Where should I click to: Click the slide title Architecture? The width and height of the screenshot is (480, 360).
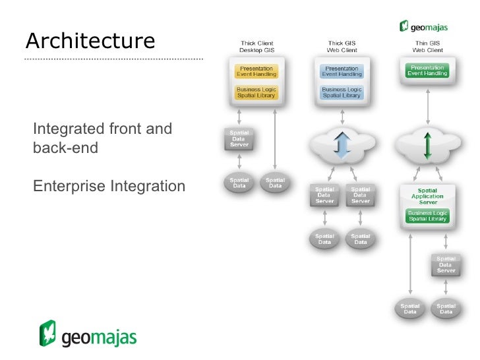click(x=90, y=41)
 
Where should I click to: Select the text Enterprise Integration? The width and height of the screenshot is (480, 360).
click(x=109, y=187)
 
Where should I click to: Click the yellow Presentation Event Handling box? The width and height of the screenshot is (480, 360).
click(x=256, y=71)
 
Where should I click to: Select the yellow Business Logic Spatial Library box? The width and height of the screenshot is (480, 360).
click(x=256, y=92)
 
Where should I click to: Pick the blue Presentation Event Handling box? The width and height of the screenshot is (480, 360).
click(x=342, y=71)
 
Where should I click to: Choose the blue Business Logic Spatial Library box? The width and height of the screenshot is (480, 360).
click(x=342, y=92)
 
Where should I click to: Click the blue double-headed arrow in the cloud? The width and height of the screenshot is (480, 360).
click(x=342, y=146)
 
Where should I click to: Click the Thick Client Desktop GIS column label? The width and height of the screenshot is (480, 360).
click(x=256, y=47)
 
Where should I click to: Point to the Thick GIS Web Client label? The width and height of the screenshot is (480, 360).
click(x=342, y=47)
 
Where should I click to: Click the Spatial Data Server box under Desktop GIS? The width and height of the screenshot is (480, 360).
click(x=239, y=138)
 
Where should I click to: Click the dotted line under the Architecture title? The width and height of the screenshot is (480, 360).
click(x=113, y=59)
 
